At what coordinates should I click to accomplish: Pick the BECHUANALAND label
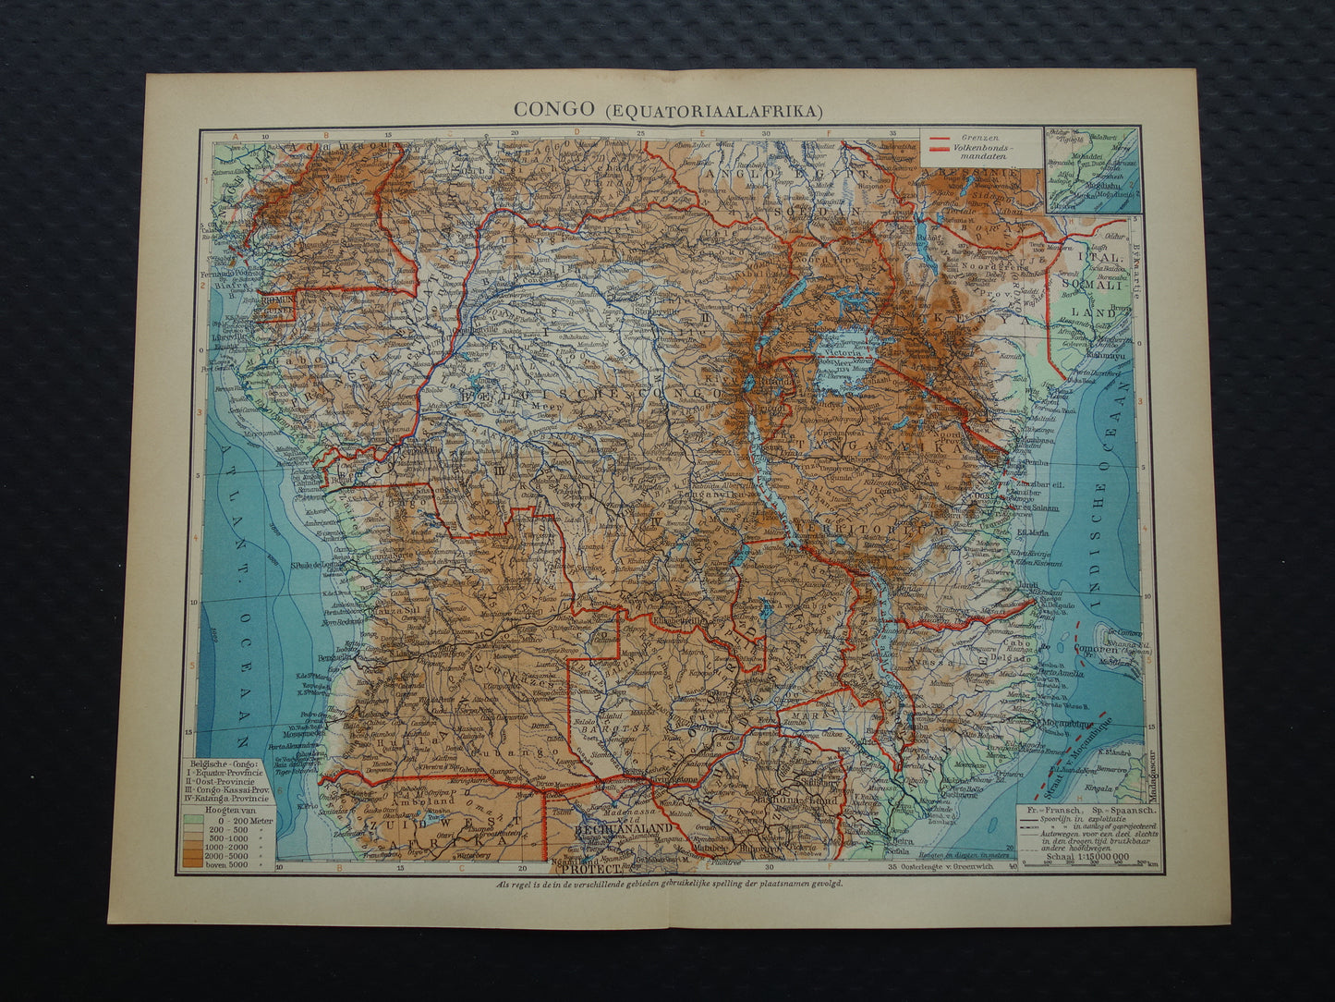(615, 829)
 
